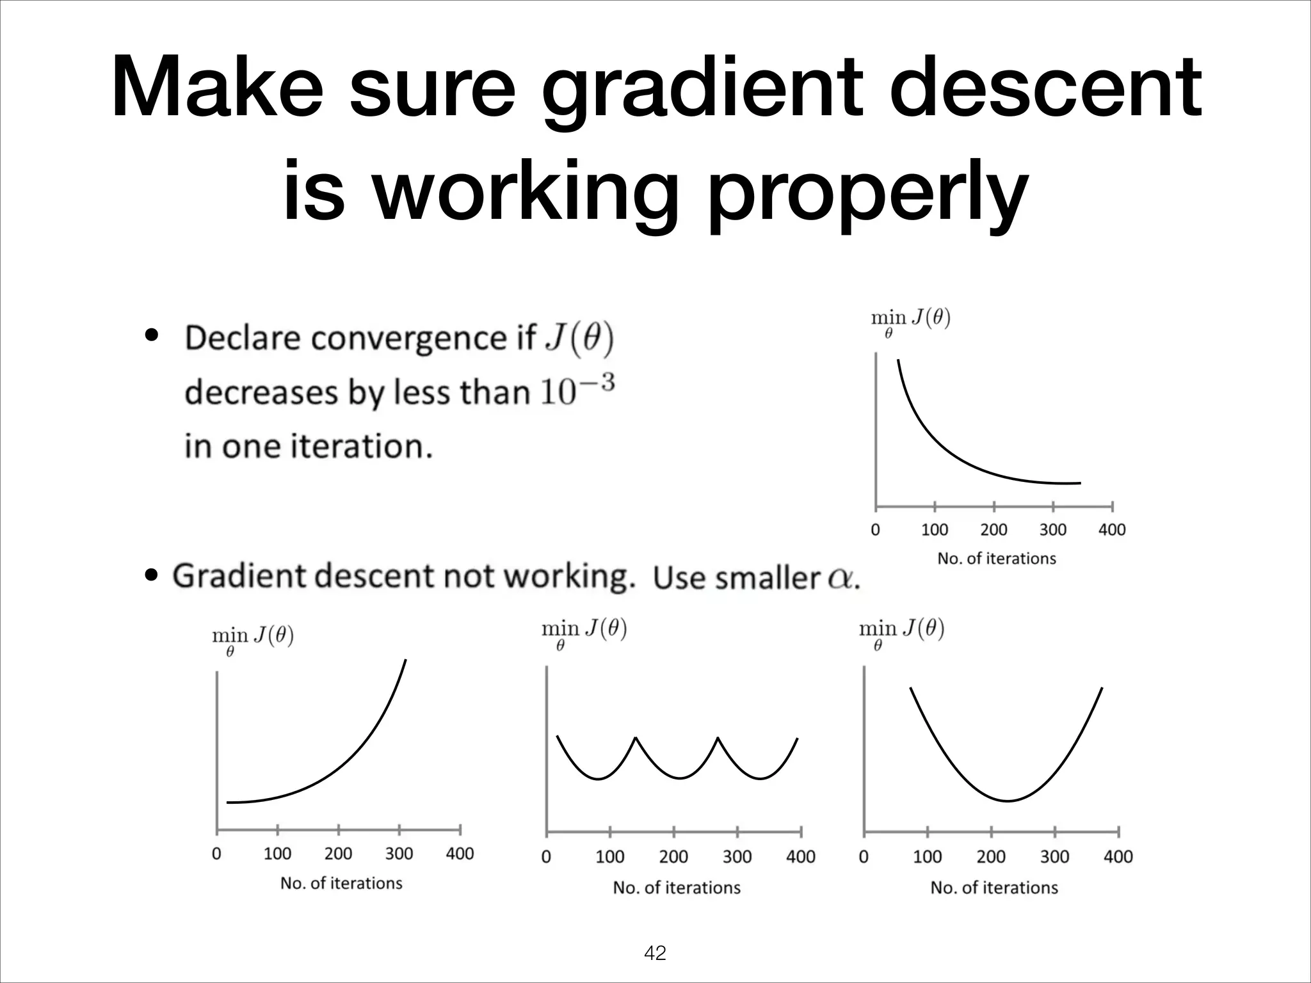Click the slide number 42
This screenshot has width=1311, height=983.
click(655, 953)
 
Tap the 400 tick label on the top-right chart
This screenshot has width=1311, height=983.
click(1112, 530)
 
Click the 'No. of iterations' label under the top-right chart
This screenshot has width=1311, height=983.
click(996, 559)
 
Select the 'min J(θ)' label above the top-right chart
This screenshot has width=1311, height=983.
click(911, 320)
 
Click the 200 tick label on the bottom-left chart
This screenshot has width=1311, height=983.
click(338, 854)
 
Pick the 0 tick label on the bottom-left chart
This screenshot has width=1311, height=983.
click(216, 854)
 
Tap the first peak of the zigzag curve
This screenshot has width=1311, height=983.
click(636, 738)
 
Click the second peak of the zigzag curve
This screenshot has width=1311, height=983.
click(718, 738)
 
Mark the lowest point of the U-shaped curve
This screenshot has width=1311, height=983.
click(1008, 801)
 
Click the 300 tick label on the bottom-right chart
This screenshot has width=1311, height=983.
click(1054, 857)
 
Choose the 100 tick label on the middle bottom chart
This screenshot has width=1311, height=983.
click(609, 857)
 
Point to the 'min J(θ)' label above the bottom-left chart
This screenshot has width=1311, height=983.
click(253, 638)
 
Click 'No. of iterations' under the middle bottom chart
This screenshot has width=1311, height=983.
click(677, 888)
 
